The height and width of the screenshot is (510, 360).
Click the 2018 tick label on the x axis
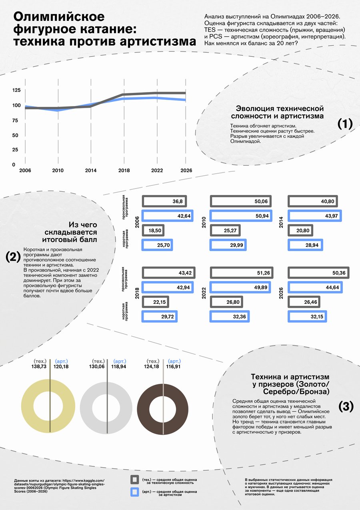coord(124,170)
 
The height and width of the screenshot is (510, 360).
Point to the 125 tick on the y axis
coord(16,90)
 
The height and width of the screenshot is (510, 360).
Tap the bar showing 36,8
coord(164,201)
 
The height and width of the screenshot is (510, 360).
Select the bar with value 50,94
coord(241,216)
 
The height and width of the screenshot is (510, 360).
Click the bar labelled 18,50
coord(153,231)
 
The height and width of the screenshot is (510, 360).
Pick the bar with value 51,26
coord(242,273)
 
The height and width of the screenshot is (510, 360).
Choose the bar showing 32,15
coord(307,317)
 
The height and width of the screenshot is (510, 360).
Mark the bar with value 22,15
coord(156,302)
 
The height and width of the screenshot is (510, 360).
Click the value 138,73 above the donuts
coord(39,366)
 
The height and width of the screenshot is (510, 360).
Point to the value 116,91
coord(173,366)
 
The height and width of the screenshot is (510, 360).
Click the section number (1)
coord(345,124)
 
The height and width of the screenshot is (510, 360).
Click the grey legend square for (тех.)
coord(134,479)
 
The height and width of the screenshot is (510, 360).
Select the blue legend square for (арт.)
coord(134,492)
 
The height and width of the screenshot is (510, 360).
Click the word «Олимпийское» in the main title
coord(59,17)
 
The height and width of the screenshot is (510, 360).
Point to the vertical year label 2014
coord(281,223)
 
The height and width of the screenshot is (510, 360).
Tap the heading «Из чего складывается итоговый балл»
coord(70,232)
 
